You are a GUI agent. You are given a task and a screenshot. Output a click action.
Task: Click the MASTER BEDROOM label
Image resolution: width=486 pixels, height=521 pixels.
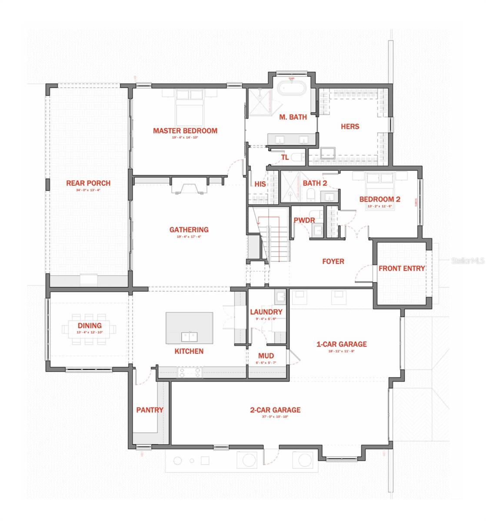185,131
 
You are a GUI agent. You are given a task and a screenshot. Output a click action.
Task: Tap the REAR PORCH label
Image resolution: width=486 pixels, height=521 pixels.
88,183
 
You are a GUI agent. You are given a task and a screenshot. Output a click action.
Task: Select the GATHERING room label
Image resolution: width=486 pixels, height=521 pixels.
189,230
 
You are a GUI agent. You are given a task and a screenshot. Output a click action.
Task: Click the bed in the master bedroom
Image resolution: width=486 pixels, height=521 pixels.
190,108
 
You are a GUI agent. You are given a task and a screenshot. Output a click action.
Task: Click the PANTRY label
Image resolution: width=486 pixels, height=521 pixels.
150,410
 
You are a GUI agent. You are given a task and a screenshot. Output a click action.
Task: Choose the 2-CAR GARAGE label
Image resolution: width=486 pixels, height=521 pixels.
275,410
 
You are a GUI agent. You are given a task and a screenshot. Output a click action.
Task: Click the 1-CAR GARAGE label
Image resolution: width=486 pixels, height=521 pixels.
341,344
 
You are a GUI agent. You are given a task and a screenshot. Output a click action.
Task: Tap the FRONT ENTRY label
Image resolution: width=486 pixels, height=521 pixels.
402,268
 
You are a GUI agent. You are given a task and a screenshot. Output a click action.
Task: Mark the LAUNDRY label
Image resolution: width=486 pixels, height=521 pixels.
266,312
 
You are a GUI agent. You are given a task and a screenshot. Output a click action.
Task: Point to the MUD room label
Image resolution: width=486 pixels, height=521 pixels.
266,356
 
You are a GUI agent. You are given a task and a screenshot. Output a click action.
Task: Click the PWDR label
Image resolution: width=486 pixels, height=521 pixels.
304,221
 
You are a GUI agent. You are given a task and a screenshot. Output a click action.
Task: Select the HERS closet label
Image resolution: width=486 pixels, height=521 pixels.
350,126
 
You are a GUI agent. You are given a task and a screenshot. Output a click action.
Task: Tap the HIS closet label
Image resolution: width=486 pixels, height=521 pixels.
260,184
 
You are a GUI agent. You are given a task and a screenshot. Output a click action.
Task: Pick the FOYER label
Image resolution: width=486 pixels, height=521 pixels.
333,261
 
